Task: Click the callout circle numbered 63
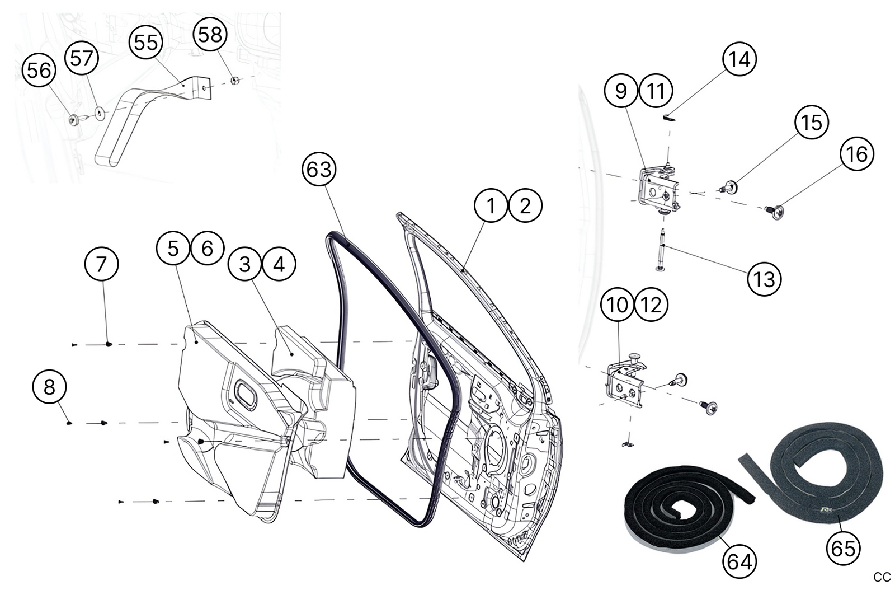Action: [319, 169]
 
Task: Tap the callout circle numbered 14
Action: [739, 59]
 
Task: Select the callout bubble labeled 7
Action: [101, 264]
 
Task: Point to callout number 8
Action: [49, 387]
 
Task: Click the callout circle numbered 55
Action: [146, 42]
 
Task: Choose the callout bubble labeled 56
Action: [39, 71]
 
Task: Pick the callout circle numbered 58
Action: [210, 35]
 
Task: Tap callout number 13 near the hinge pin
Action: [764, 279]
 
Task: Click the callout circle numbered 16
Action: [857, 154]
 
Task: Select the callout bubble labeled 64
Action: [739, 561]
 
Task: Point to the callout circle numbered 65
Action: [843, 548]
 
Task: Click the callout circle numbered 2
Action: [525, 206]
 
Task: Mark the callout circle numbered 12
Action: [651, 305]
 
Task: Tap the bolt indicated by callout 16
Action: [775, 211]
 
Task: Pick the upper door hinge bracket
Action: [657, 188]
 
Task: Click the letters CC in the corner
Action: [882, 577]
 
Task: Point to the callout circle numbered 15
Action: [812, 123]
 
